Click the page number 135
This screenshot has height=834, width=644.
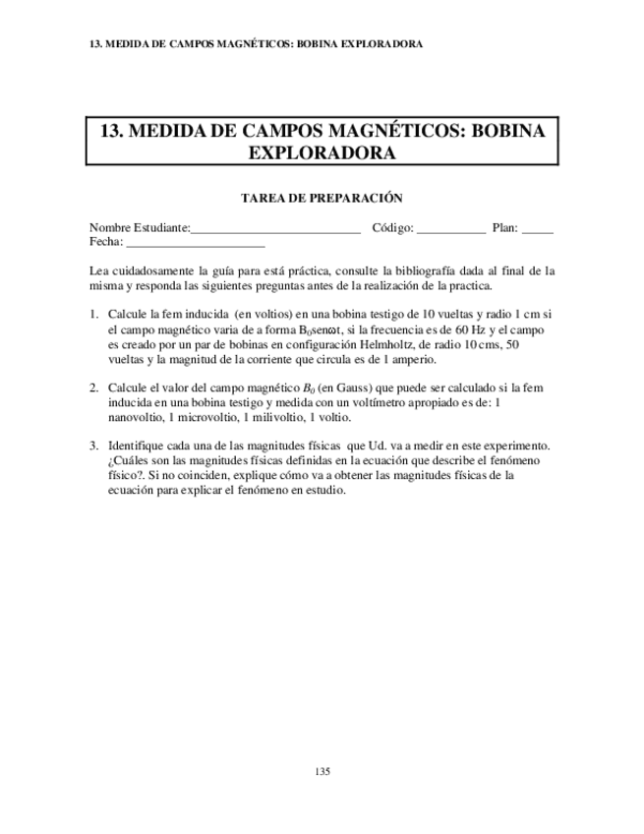[322, 771]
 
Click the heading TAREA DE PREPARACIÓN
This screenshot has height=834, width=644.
[322, 198]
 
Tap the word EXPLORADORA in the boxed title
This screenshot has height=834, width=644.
[322, 152]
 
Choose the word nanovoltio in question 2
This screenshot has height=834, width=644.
[135, 417]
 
